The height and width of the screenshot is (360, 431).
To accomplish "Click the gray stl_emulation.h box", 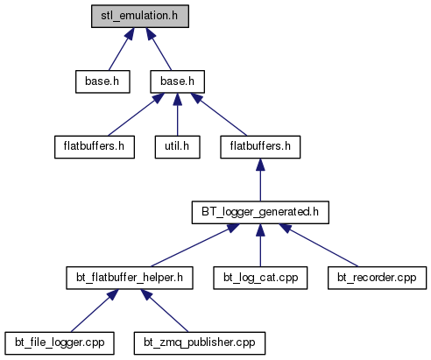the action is click(140, 16).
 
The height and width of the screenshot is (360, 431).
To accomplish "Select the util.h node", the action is click(177, 147).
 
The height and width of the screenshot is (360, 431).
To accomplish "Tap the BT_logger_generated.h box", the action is click(260, 212).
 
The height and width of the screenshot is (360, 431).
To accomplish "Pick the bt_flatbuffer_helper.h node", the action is click(130, 278).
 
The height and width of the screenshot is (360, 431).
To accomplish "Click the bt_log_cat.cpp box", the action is click(260, 278).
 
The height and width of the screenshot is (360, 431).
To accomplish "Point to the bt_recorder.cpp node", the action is click(377, 278).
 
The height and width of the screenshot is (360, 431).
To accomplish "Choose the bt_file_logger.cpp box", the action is click(60, 343).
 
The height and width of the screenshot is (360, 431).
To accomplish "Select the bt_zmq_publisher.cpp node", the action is click(200, 343).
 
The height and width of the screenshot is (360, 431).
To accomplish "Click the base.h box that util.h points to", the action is click(177, 81).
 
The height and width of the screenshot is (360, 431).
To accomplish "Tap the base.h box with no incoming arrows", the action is click(102, 81).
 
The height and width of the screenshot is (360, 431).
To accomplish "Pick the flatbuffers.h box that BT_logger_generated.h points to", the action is click(260, 147).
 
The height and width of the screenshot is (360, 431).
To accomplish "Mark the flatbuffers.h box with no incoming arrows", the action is click(95, 147).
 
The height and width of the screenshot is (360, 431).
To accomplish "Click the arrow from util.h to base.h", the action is click(177, 115).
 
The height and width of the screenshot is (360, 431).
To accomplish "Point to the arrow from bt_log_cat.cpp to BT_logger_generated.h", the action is click(260, 245).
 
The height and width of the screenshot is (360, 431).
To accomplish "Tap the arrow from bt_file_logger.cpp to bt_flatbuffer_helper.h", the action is click(95, 311).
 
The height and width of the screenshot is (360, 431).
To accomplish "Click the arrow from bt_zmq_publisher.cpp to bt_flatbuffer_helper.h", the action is click(165, 311).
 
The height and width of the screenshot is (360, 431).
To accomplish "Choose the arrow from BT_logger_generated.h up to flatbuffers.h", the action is click(260, 180).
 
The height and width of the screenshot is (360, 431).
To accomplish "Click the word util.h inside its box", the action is click(177, 146).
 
